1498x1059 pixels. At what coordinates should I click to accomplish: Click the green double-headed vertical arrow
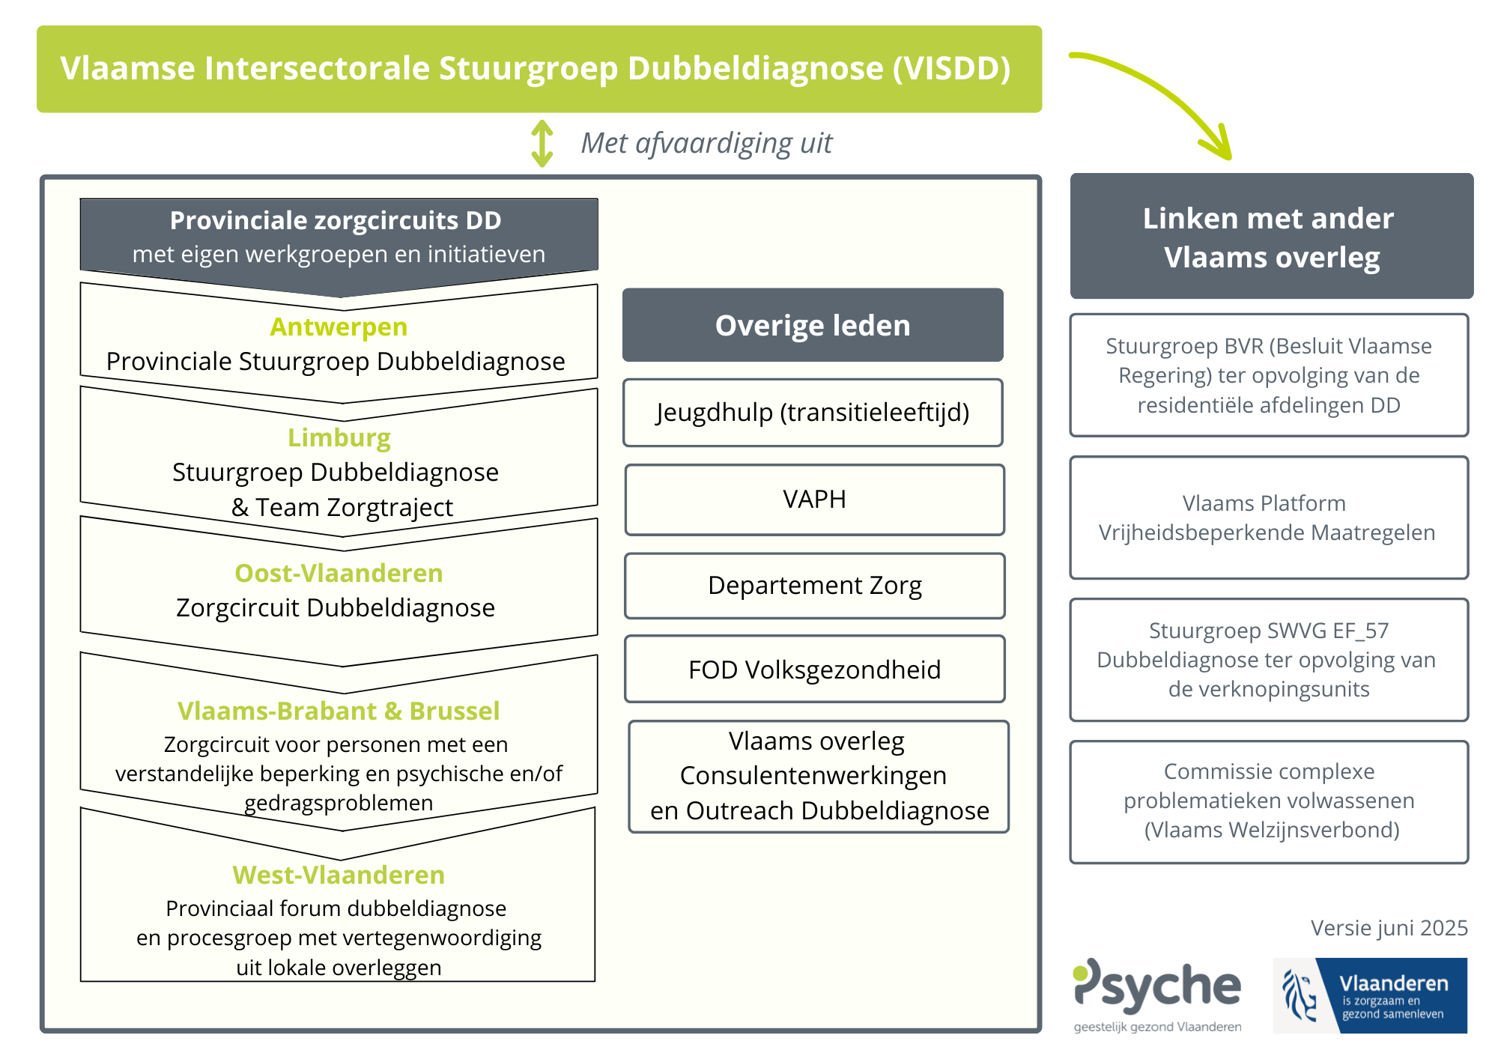coord(542,143)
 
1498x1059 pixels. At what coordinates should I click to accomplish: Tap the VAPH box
coord(814,500)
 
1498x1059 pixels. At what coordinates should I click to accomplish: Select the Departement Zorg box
coord(814,586)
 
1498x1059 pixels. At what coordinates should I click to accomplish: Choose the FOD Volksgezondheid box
coord(814,670)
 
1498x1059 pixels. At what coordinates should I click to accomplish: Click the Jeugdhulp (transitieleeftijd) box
coord(813,413)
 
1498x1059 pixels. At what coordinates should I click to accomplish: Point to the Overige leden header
coord(813,325)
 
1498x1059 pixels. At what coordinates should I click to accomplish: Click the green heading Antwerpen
coord(339,327)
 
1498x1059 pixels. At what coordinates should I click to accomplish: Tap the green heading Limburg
coord(339,437)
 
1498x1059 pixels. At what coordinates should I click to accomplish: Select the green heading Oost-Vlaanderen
coord(339,573)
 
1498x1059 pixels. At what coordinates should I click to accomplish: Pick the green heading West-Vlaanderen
coord(339,875)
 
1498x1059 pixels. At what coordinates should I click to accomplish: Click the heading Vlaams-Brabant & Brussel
coord(339,711)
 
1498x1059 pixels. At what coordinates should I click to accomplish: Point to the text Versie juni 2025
coord(1389,928)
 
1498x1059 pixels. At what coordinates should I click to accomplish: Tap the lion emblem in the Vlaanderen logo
coord(1300,995)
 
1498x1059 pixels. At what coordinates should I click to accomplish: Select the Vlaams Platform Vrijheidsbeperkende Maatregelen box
coord(1269,518)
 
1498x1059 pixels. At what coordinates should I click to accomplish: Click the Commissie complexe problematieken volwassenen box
coord(1269,801)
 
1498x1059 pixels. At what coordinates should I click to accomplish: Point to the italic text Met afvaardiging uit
coord(706,143)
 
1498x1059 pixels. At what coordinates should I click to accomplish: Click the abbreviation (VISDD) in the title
coord(951,68)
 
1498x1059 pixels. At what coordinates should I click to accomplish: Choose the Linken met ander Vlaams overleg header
coord(1271,237)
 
